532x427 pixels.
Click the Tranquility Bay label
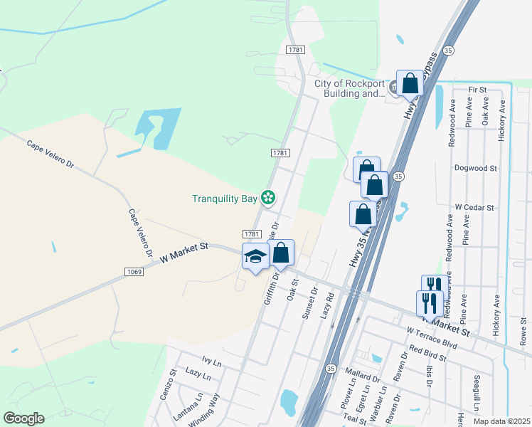224,199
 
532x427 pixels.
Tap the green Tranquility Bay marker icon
268,197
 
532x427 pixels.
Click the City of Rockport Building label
349,88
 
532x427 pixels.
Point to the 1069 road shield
135,272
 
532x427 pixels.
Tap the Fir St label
477,90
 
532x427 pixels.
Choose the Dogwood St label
475,169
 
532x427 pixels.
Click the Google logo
23,418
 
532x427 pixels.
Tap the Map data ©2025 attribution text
502,421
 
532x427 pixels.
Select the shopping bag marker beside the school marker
281,253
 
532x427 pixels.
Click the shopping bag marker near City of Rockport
410,83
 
